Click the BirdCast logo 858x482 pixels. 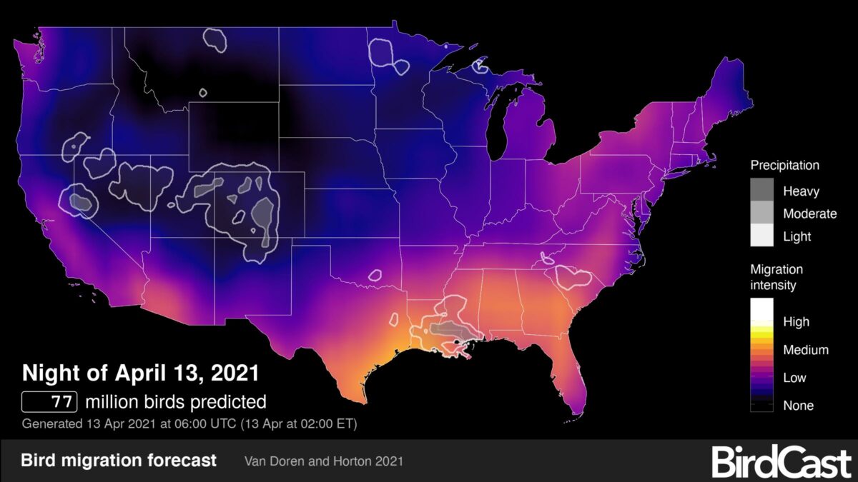[781, 462]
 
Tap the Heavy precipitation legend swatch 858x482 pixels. [764, 191]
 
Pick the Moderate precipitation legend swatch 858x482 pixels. [764, 213]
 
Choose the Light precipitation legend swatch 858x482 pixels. [764, 235]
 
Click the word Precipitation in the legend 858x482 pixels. [784, 166]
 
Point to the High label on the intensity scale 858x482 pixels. [797, 322]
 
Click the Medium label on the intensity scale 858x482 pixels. [805, 350]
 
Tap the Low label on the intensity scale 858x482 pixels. [794, 378]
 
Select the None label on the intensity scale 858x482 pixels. [797, 406]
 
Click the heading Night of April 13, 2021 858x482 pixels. [140, 373]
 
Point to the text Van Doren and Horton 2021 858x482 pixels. [323, 461]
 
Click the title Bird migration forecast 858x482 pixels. [119, 461]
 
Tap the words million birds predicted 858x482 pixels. [175, 401]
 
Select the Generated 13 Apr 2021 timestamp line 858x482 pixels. [189, 423]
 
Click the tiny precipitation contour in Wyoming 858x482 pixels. [203, 92]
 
